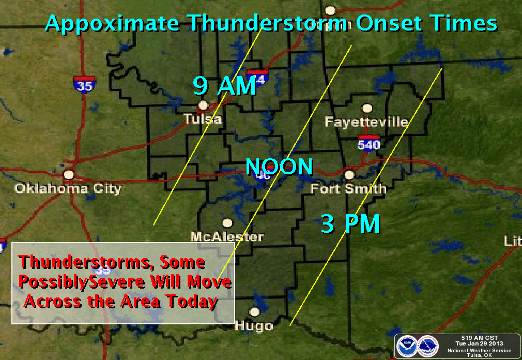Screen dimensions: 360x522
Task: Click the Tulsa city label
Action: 203,119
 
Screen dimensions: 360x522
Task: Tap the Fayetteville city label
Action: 366,122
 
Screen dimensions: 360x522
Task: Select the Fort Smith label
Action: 348,189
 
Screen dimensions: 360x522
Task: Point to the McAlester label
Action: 227,237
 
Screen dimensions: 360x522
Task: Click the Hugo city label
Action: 254,326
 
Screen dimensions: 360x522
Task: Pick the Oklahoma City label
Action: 68,188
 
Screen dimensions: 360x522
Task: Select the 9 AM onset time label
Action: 225,86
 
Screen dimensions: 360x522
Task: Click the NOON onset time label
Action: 279,167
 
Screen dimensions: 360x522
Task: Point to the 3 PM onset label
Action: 350,224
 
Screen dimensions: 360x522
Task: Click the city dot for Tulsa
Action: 204,105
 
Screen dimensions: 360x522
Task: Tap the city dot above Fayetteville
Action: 367,108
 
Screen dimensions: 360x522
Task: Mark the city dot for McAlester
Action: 227,223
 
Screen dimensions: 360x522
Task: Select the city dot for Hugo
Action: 254,312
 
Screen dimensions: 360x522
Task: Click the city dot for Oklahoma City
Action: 68,174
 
